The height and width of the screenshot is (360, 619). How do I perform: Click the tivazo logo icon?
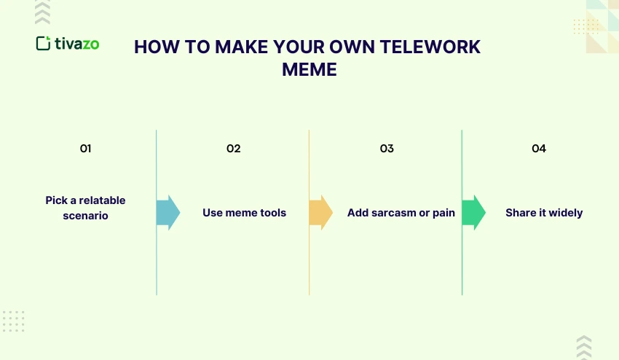tap(43, 44)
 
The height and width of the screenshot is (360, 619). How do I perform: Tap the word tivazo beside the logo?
tap(77, 44)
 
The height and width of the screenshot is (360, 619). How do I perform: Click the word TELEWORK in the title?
tap(433, 47)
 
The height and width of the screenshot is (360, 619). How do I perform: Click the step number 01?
tap(85, 149)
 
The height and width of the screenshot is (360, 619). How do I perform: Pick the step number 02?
tap(233, 149)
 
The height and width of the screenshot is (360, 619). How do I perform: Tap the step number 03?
tap(387, 149)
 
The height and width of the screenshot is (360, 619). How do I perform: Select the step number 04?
tap(539, 149)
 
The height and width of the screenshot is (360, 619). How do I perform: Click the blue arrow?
tap(167, 213)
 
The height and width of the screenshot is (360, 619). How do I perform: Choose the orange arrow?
tap(320, 213)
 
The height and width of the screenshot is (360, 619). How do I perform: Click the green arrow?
tap(473, 213)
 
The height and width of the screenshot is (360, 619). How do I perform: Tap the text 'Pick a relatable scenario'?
tap(85, 208)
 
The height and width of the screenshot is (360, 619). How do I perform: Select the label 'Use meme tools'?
tap(244, 214)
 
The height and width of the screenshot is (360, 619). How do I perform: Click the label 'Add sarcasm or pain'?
tap(401, 214)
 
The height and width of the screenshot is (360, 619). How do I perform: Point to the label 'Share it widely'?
tap(544, 214)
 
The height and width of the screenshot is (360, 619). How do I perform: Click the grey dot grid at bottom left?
tap(14, 321)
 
